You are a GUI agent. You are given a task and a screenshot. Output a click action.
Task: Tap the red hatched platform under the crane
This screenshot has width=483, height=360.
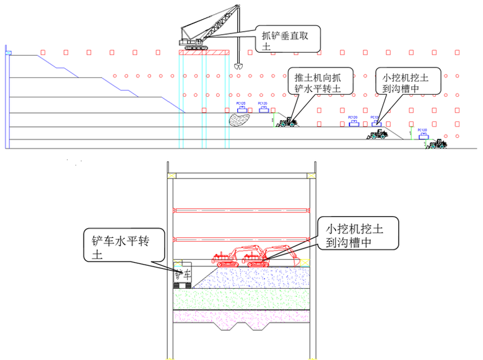pyautogui.click(x=204, y=52)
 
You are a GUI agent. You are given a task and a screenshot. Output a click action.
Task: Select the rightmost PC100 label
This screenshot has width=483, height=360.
pyautogui.click(x=422, y=131)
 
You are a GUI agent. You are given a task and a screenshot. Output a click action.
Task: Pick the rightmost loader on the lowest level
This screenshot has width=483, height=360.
pyautogui.click(x=438, y=144)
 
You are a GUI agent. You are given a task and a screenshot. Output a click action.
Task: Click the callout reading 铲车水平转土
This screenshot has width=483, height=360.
pyautogui.click(x=124, y=247)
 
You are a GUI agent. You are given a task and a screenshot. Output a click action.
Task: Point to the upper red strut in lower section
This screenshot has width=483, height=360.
pyautogui.click(x=241, y=209)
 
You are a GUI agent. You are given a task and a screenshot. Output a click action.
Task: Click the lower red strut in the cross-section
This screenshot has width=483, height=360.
pyautogui.click(x=241, y=239)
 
